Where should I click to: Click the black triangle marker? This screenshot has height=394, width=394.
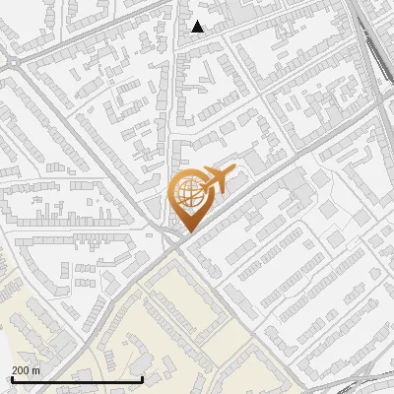point(198,27)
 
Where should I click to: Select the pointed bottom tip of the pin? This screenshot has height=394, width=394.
point(186,232)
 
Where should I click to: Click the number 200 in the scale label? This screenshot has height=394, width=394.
point(21,370)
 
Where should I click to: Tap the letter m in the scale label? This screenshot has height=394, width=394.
point(36,370)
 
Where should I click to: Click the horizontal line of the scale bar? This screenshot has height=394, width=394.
point(77,379)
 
